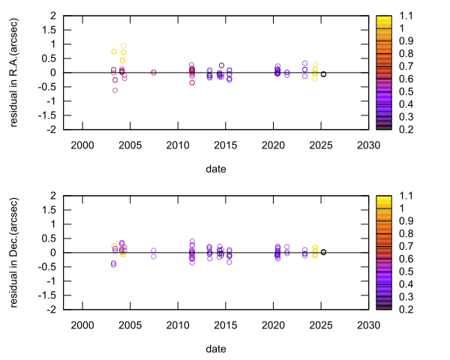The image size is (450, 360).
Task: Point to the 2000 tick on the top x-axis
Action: [x=82, y=145]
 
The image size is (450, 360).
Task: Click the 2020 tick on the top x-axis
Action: [x=272, y=145]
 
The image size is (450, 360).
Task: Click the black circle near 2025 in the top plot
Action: [x=323, y=74]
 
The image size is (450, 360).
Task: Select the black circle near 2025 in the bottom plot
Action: [x=323, y=253]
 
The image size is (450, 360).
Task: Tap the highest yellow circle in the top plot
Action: [x=123, y=46]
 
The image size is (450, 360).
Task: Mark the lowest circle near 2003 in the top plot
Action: [x=115, y=90]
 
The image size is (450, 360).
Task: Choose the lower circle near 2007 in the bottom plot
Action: [x=153, y=256]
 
